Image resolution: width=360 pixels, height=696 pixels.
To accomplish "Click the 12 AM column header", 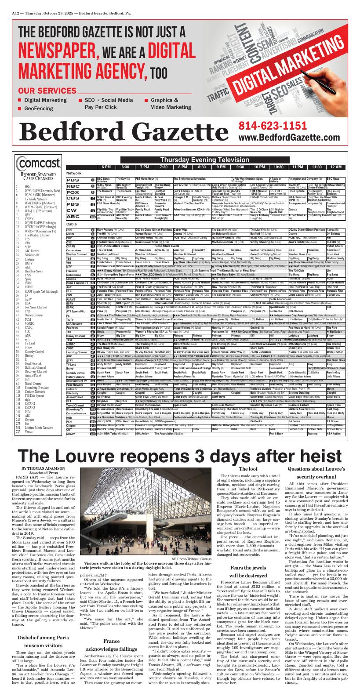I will pos(336,167).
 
